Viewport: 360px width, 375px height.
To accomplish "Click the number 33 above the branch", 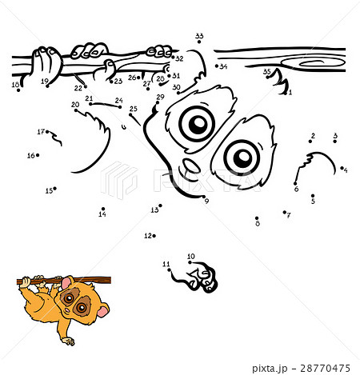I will pyautogui.click(x=199, y=36).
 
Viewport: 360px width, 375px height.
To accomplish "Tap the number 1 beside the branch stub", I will pyautogui.click(x=290, y=92).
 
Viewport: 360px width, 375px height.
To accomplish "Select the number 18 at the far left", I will pyautogui.click(x=14, y=85).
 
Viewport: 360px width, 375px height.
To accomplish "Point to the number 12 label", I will pyautogui.click(x=147, y=236).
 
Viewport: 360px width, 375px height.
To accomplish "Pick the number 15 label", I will pyautogui.click(x=49, y=190).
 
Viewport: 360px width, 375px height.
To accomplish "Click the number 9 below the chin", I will pyautogui.click(x=206, y=201).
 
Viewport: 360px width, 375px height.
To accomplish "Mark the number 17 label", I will pyautogui.click(x=40, y=131).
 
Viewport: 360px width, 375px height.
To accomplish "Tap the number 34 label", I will pyautogui.click(x=223, y=66).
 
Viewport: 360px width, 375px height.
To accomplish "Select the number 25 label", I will pyautogui.click(x=133, y=109).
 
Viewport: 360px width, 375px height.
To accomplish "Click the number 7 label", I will pyautogui.click(x=288, y=215).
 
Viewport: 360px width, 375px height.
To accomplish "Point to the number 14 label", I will pyautogui.click(x=102, y=214).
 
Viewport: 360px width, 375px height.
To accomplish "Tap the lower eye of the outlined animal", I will pyautogui.click(x=240, y=157).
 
